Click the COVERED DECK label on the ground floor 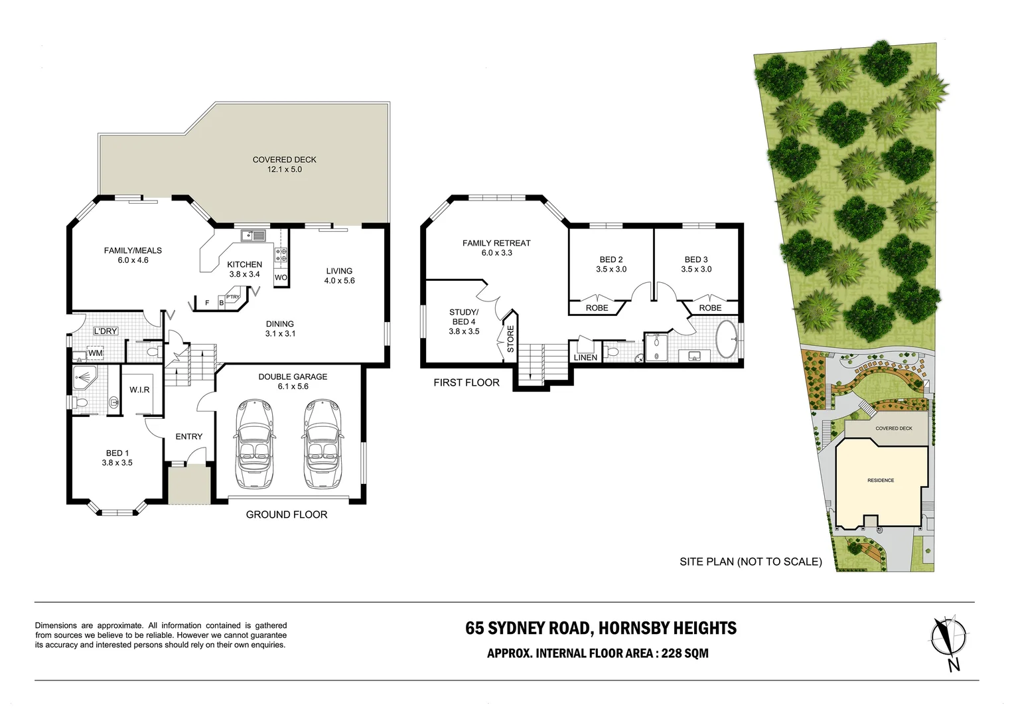coord(284,159)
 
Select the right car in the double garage coord(322,443)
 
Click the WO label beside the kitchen coord(281,278)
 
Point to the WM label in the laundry coord(96,353)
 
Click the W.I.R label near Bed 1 coord(139,390)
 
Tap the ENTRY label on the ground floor coord(188,436)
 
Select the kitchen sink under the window coord(253,234)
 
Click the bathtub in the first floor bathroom coord(727,340)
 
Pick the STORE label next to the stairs coord(510,339)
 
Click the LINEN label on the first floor coord(585,358)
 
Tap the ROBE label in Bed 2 coord(597,308)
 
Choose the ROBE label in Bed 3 coord(710,308)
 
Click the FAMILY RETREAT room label coord(496,243)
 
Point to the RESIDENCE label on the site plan coord(881,480)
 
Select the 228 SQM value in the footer coord(685,653)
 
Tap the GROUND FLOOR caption coord(286,515)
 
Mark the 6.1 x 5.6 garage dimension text coord(293,386)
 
